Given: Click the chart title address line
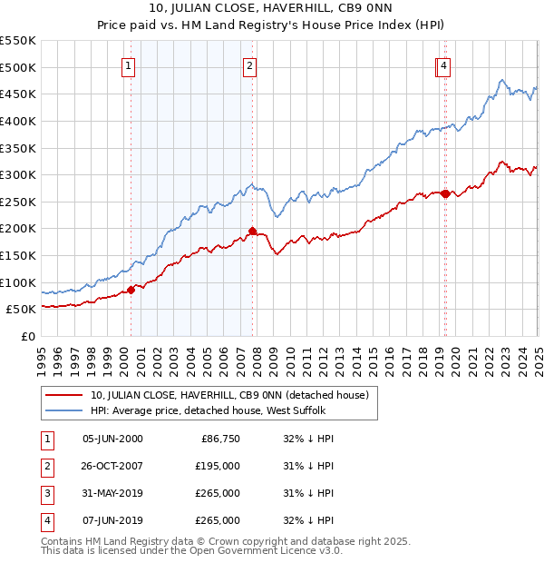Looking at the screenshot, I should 271,10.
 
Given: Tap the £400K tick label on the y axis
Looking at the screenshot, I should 18,121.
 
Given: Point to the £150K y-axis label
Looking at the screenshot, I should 18,255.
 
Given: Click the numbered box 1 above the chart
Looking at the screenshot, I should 128,65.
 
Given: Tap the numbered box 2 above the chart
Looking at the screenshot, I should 248,65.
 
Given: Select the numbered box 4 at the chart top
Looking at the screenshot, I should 444,65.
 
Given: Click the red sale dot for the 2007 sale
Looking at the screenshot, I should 252,231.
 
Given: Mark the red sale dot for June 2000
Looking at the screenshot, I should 131,290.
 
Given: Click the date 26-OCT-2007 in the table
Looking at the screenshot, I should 112,466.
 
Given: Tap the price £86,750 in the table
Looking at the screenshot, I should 219,439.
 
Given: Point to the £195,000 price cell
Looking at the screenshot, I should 219,466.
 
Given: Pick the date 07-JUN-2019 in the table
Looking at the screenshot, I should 112,520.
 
